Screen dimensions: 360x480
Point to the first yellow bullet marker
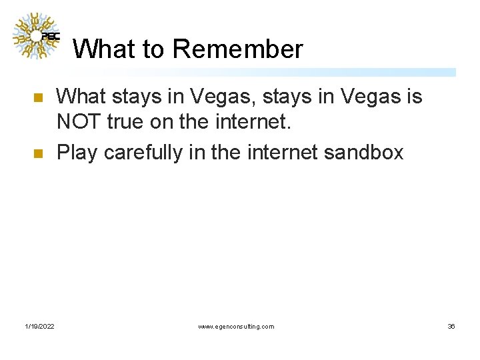pyautogui.click(x=37, y=98)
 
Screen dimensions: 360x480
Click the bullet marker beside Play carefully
pyautogui.click(x=37, y=153)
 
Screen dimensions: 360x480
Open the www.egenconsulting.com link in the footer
pyautogui.click(x=236, y=326)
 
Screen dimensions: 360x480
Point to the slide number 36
pyautogui.click(x=451, y=326)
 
